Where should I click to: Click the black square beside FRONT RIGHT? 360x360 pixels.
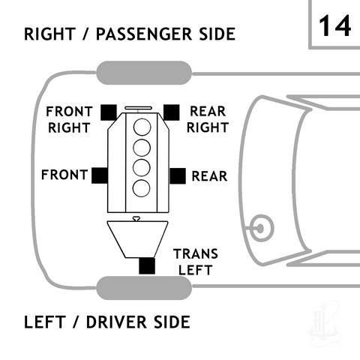point(109,112)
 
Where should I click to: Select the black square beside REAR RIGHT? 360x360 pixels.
point(171,112)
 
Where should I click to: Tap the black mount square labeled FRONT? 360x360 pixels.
point(100,175)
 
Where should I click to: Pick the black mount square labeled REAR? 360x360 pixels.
point(178,176)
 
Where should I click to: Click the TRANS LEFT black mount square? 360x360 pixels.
point(147,265)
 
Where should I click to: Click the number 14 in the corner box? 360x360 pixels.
point(334,25)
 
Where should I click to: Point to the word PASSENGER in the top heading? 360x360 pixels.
point(144,34)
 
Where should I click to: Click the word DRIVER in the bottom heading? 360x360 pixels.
point(116,322)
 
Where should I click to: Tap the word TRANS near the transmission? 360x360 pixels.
point(196,254)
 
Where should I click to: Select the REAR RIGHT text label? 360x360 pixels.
point(208,119)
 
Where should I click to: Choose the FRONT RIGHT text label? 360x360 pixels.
point(69,120)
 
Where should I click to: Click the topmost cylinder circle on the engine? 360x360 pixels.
point(142,127)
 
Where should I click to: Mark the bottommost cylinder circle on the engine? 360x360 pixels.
point(141,188)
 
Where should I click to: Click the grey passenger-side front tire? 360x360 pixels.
point(144,73)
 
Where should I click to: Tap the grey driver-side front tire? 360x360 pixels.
point(144,288)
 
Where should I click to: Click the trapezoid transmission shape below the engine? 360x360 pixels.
point(138,239)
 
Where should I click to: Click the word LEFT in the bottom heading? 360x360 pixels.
point(45,322)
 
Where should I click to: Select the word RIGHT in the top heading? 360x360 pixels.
point(49,34)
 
